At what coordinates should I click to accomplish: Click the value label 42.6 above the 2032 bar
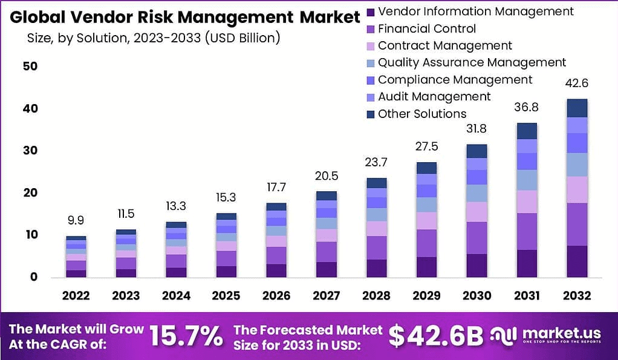pyautogui.click(x=577, y=83)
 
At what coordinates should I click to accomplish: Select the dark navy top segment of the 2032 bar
pyautogui.click(x=577, y=108)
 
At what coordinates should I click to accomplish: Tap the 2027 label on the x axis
pyautogui.click(x=327, y=296)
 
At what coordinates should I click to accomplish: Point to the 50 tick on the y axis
pyautogui.click(x=30, y=66)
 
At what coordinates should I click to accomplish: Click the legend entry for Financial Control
pyautogui.click(x=426, y=28)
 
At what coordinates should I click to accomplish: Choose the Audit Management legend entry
pyautogui.click(x=434, y=96)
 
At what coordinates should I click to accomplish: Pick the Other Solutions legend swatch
pyautogui.click(x=371, y=114)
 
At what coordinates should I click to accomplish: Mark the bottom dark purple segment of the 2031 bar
pyautogui.click(x=527, y=263)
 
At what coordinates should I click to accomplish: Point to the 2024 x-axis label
pyautogui.click(x=176, y=296)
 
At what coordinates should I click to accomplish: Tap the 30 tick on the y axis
pyautogui.click(x=30, y=151)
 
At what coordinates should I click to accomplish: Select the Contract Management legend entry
pyautogui.click(x=444, y=45)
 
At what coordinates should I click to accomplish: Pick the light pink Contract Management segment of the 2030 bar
pyautogui.click(x=477, y=212)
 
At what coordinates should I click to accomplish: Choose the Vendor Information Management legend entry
pyautogui.click(x=475, y=11)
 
